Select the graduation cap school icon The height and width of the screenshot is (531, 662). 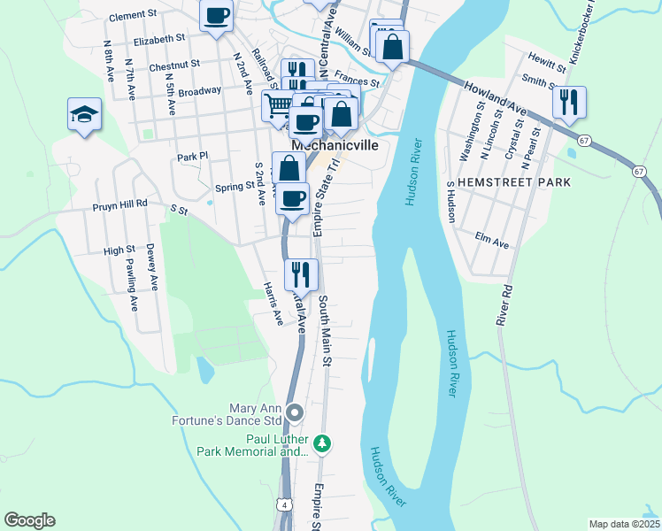pos(84,114)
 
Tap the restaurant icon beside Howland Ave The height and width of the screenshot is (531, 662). pos(569,101)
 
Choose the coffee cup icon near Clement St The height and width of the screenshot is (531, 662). pos(216,15)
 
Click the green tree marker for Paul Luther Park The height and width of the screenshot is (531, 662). pos(324,442)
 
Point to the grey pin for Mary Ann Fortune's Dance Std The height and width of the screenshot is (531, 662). pos(296,412)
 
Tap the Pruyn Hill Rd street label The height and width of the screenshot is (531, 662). pos(120,204)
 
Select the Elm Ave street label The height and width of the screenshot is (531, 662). pos(493,241)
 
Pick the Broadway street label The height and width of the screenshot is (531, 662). pos(199,91)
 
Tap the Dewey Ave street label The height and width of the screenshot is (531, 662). pos(151,266)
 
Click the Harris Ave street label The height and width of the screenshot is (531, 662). pos(273,303)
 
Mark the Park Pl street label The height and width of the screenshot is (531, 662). pos(191,157)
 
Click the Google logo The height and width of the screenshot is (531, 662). pos(29,520)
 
